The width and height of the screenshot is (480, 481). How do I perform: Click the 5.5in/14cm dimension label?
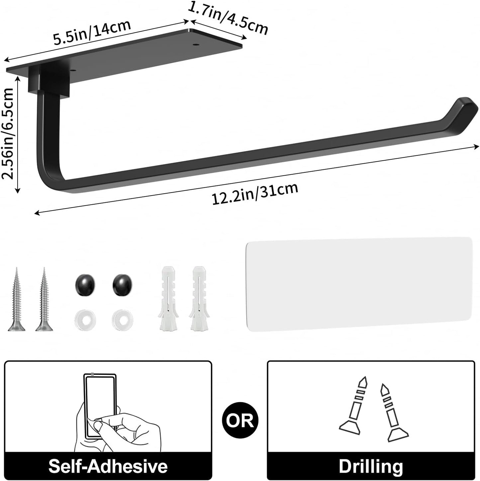tap(92, 32)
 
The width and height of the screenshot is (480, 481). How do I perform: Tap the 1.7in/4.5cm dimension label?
tap(228, 18)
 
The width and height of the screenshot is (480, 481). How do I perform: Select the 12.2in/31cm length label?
tap(255, 194)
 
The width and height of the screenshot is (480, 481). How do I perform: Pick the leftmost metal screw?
tap(16, 300)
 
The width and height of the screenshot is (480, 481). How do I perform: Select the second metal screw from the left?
tap(44, 300)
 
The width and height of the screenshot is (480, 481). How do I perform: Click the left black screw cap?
tap(84, 285)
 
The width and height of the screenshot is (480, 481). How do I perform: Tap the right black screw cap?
tap(122, 285)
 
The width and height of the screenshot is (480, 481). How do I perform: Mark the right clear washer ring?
tap(123, 320)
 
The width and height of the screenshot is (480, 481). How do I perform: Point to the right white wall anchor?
tap(199, 298)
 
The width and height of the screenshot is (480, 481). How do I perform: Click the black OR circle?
tap(240, 420)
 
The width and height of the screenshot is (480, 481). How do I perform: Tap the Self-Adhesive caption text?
tap(108, 466)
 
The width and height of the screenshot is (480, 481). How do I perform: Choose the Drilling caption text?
tap(371, 466)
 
